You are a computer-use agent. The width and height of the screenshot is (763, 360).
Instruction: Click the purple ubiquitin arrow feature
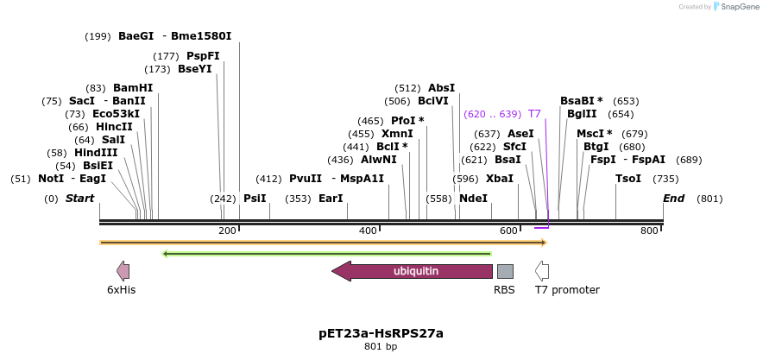414,271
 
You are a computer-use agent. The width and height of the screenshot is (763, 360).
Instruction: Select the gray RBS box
505,271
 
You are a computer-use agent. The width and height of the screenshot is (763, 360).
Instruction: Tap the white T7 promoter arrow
542,271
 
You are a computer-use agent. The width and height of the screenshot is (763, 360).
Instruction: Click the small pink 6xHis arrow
123,271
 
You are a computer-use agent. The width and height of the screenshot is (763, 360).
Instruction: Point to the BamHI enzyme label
133,88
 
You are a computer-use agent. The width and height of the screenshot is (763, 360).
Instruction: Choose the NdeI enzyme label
474,199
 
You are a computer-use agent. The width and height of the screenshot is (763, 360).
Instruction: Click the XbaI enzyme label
500,179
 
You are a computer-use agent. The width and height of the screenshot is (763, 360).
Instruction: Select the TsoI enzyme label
628,179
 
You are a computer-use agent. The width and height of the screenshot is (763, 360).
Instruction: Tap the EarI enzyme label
331,199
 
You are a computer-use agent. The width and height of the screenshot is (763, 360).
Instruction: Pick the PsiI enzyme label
255,199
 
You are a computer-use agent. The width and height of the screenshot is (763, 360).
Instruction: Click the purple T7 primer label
534,114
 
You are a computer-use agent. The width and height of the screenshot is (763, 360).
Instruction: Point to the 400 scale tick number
369,231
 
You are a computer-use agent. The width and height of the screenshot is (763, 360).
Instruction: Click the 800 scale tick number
649,231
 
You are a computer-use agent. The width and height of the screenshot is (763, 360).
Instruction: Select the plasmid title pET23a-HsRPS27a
381,332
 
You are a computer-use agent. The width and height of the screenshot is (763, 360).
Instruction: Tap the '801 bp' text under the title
381,347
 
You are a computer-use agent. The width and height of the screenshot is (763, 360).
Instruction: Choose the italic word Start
79,199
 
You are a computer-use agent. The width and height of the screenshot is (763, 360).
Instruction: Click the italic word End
673,199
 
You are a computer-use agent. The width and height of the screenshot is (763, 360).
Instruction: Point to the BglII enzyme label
576,114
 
